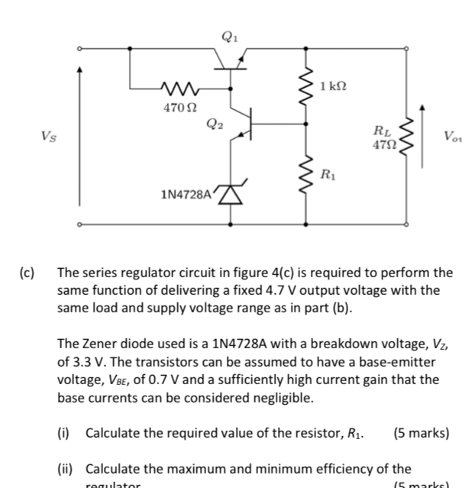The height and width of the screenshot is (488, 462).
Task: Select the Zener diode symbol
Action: coord(231,196)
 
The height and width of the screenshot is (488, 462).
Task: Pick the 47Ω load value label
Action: coord(384,144)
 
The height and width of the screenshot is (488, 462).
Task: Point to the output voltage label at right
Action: coord(451,137)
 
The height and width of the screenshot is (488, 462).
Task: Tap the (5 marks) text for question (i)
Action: coord(421,434)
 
